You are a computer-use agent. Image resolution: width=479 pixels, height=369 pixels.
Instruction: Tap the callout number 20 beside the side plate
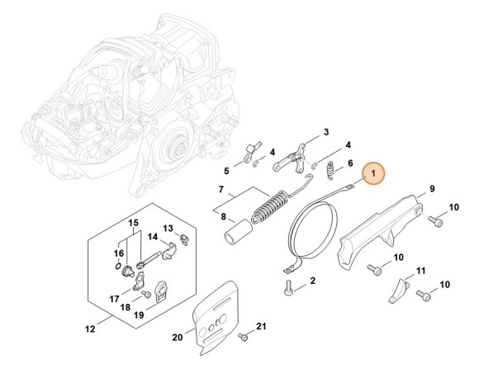click(325, 132)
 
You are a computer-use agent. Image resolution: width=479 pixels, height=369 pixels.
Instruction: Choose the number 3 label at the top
click(325, 132)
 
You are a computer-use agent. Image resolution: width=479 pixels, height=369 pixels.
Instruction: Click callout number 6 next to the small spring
click(350, 163)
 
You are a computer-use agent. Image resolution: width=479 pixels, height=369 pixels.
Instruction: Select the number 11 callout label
click(421, 271)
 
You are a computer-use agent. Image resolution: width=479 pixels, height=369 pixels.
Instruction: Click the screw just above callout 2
click(288, 288)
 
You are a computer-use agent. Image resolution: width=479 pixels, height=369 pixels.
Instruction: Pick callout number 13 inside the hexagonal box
click(167, 228)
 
